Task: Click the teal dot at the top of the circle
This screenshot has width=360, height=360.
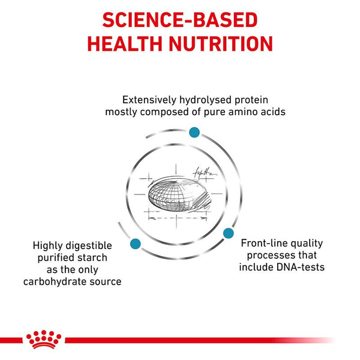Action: click(x=194, y=132)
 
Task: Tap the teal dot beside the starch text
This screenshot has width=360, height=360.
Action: click(x=135, y=244)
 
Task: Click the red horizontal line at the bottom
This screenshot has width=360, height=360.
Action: click(x=198, y=340)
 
